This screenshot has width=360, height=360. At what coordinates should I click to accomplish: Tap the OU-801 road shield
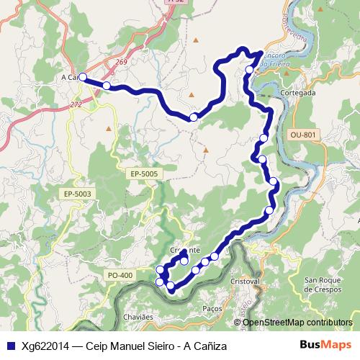point(303,135)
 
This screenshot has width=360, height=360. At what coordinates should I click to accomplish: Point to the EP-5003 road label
point(77,194)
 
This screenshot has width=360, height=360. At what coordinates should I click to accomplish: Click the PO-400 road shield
point(120,275)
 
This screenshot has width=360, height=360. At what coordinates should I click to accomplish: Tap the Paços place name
point(212,307)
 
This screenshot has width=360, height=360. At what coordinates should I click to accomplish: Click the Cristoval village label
point(245,280)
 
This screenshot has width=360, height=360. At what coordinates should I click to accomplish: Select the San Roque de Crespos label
point(325,284)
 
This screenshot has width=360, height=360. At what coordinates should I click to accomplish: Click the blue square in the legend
point(9,346)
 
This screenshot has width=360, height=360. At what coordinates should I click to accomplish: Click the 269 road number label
point(120,63)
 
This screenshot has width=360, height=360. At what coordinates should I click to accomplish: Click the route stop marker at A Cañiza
point(82,77)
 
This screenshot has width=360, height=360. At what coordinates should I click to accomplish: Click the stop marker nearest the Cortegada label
point(250,70)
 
